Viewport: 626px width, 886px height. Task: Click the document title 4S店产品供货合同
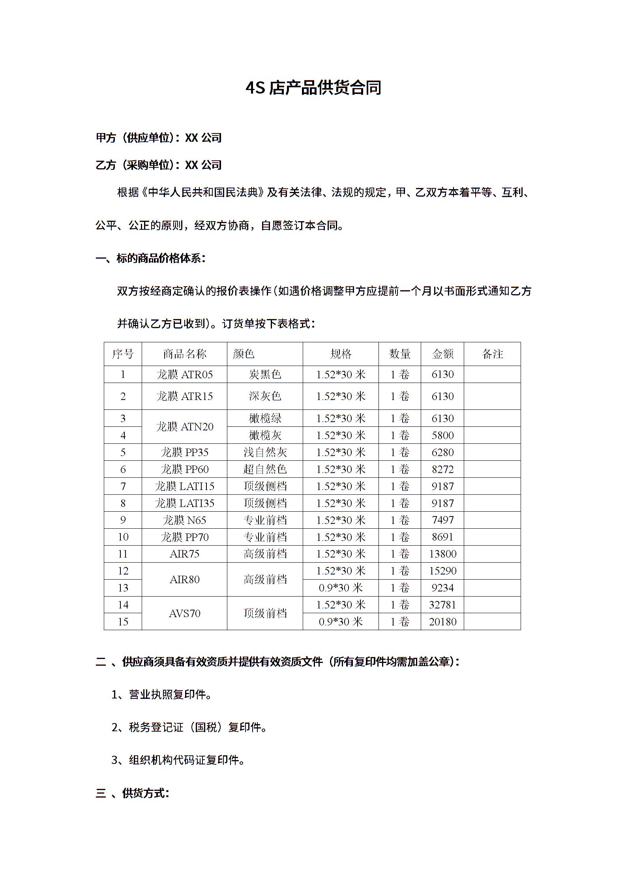(x=313, y=88)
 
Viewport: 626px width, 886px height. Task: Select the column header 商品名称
(x=184, y=354)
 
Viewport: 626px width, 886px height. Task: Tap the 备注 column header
(x=492, y=354)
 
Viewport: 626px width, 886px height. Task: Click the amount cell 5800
(x=442, y=435)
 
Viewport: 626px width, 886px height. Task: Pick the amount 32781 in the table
(x=442, y=604)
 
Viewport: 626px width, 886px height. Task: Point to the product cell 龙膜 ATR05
(x=184, y=374)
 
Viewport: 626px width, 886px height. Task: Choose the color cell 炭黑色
(x=265, y=374)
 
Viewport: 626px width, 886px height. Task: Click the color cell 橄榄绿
(x=265, y=418)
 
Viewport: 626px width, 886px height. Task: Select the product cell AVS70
(x=184, y=613)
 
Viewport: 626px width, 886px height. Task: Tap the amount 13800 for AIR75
(x=442, y=554)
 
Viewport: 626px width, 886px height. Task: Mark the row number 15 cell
(x=123, y=621)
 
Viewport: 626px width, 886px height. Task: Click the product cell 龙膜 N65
(x=184, y=520)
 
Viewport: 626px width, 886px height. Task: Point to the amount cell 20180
(x=442, y=621)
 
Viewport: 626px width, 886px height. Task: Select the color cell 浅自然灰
(x=265, y=452)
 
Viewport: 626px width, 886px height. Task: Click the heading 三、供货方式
(x=133, y=793)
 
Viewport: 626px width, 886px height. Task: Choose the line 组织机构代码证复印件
(x=178, y=760)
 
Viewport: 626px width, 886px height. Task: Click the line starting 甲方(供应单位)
(x=159, y=138)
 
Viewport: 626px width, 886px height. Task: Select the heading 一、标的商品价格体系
(x=151, y=258)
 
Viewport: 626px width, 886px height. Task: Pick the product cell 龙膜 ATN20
(x=184, y=426)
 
